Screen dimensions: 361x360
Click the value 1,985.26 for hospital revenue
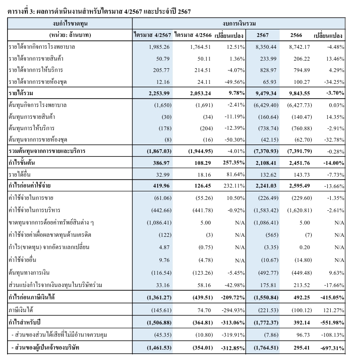click(159, 47)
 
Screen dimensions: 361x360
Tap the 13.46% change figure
click(335, 59)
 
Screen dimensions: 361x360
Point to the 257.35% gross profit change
click(234, 163)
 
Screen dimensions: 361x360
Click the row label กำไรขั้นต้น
click(22, 163)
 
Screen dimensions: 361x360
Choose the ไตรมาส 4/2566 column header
click(193, 35)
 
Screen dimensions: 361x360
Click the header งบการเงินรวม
click(239, 23)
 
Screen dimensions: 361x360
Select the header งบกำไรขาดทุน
click(70, 23)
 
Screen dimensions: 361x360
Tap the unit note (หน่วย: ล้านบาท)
click(70, 35)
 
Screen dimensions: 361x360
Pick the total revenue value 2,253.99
click(159, 93)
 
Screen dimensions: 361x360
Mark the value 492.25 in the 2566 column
click(301, 297)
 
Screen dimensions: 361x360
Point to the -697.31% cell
click(332, 348)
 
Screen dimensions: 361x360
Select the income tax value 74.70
click(204, 310)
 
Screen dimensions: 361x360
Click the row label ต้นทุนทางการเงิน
click(29, 273)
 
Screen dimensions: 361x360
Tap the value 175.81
click(268, 285)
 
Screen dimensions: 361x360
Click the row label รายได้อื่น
click(19, 174)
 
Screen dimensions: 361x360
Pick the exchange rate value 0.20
click(305, 247)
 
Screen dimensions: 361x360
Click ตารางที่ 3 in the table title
click(21, 11)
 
